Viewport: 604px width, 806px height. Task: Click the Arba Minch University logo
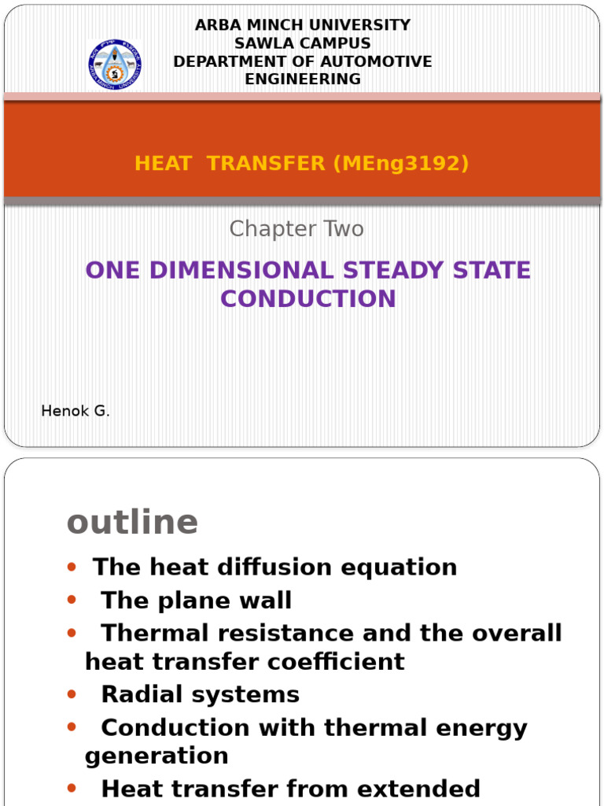115,65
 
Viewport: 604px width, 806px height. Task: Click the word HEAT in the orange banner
164,164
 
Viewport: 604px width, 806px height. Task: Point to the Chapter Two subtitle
296,229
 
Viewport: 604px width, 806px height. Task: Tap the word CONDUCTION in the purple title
308,298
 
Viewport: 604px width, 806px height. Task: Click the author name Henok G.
75,411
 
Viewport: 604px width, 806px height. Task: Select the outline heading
133,521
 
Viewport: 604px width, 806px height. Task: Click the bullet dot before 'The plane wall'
72,601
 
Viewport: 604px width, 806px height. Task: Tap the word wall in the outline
266,601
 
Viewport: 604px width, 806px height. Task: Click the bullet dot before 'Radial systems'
72,694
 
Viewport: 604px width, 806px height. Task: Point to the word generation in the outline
157,756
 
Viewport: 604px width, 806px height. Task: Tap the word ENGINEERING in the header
303,79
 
